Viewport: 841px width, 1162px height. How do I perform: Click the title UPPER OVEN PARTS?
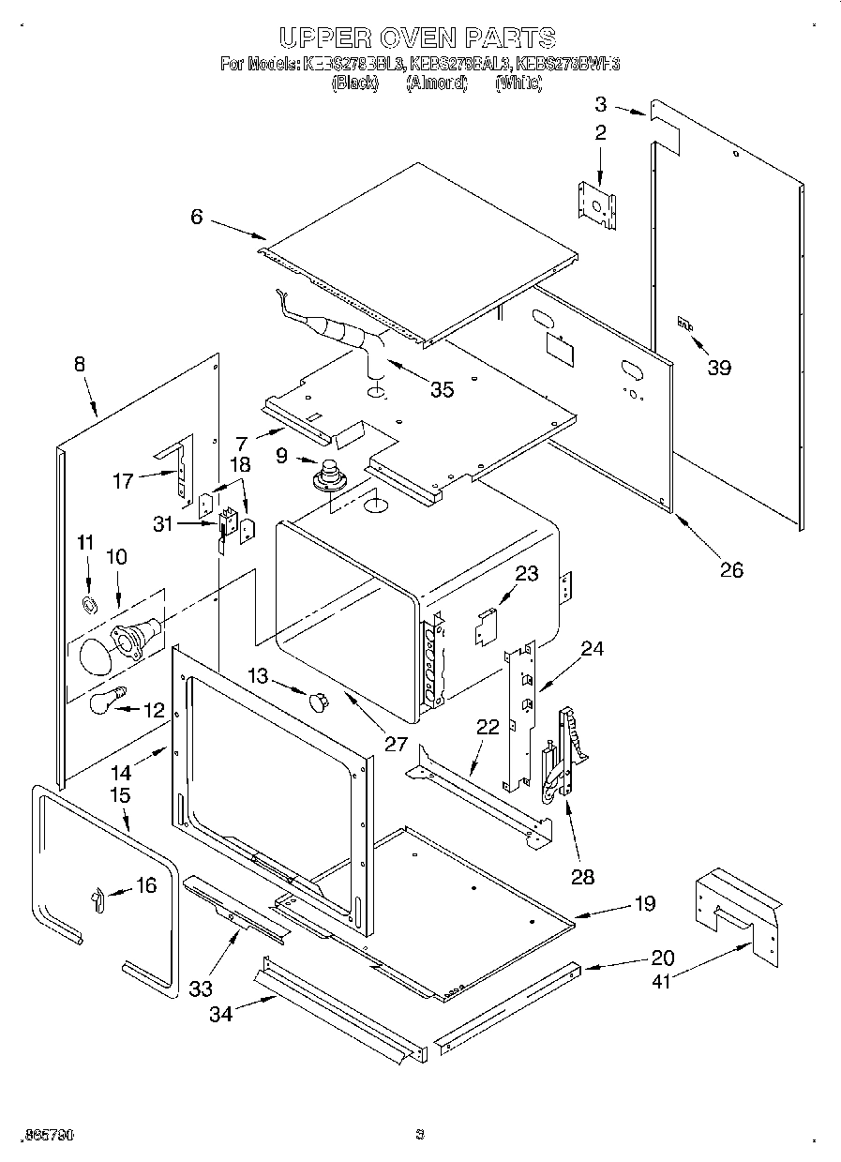[418, 38]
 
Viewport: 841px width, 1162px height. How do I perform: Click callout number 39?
[719, 368]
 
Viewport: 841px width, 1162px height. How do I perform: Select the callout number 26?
[731, 569]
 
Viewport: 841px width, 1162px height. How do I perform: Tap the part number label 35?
[441, 389]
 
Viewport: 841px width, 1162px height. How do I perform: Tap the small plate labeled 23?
[484, 626]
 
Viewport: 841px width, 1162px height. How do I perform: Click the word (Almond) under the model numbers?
[436, 83]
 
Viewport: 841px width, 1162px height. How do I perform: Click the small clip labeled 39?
[685, 324]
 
